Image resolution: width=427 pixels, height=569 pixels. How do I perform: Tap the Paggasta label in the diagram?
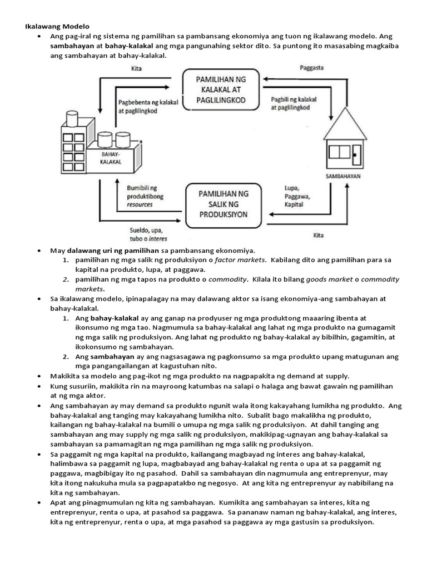click(x=311, y=67)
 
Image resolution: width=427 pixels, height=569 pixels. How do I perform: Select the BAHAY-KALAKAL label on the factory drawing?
click(x=111, y=158)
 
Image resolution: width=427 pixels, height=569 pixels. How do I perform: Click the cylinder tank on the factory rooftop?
click(x=72, y=118)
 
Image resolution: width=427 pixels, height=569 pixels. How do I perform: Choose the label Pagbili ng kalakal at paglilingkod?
click(x=294, y=103)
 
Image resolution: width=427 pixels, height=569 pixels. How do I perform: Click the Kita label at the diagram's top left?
click(x=136, y=69)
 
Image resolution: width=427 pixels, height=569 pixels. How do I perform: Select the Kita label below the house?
click(x=319, y=235)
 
